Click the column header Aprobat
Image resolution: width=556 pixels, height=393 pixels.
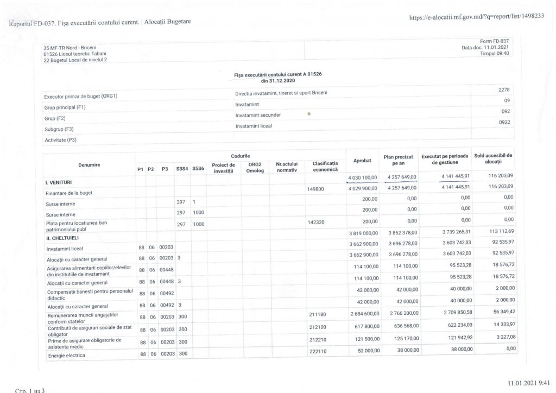(362, 161)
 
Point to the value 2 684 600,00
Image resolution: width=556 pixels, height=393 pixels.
(362, 314)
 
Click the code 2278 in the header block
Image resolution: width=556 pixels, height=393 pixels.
(503, 90)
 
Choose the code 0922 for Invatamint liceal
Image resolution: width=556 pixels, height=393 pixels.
(503, 123)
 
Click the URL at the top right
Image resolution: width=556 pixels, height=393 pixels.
(476, 16)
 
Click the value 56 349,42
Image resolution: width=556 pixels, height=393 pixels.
(499, 314)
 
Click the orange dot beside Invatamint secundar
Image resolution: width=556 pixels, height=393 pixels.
(309, 114)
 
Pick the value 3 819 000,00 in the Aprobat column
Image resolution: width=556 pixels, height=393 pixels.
(362, 232)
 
